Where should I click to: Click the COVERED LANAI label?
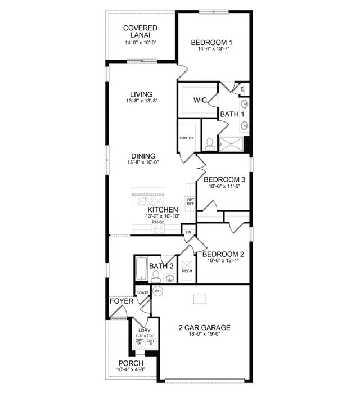pos(140,32)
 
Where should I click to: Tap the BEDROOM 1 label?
pos(211,42)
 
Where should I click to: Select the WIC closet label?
pos(201,100)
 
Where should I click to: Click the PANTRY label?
pos(187,137)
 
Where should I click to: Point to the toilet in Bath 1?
pos(210,144)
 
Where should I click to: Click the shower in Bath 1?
pos(232,145)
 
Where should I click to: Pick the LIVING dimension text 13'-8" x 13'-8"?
pos(141,101)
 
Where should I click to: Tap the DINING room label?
pos(143,156)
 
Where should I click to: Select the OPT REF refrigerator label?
pos(190,202)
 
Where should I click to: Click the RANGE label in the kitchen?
pos(158,222)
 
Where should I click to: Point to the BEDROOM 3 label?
pos(224,180)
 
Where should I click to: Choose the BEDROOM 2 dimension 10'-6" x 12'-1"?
pos(224,260)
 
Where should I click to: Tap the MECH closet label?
pos(187,271)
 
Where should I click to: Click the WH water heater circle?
pos(158,291)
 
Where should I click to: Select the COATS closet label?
pos(143,292)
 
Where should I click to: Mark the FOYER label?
pos(121,301)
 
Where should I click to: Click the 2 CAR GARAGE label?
pos(205,327)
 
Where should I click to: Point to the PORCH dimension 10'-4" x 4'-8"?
pos(131,369)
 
